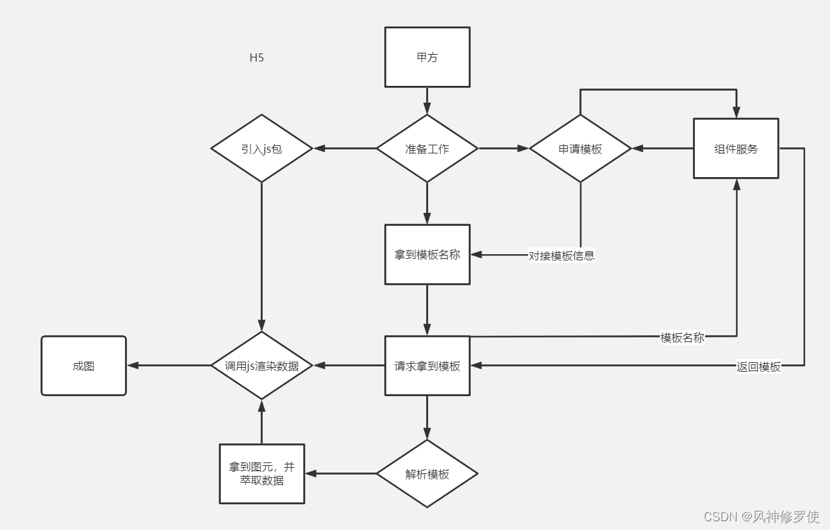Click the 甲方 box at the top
427,57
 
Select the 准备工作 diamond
427,149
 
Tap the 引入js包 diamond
261,149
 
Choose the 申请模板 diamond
580,149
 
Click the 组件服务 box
735,149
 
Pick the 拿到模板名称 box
427,255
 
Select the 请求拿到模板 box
427,366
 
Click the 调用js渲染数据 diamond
261,366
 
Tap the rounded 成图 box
84,366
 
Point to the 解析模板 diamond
427,474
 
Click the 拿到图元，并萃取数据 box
262,474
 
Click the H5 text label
257,57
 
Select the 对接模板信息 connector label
561,256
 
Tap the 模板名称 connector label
682,337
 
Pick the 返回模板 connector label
758,366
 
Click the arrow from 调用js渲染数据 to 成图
169,366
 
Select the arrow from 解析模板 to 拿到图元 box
340,474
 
